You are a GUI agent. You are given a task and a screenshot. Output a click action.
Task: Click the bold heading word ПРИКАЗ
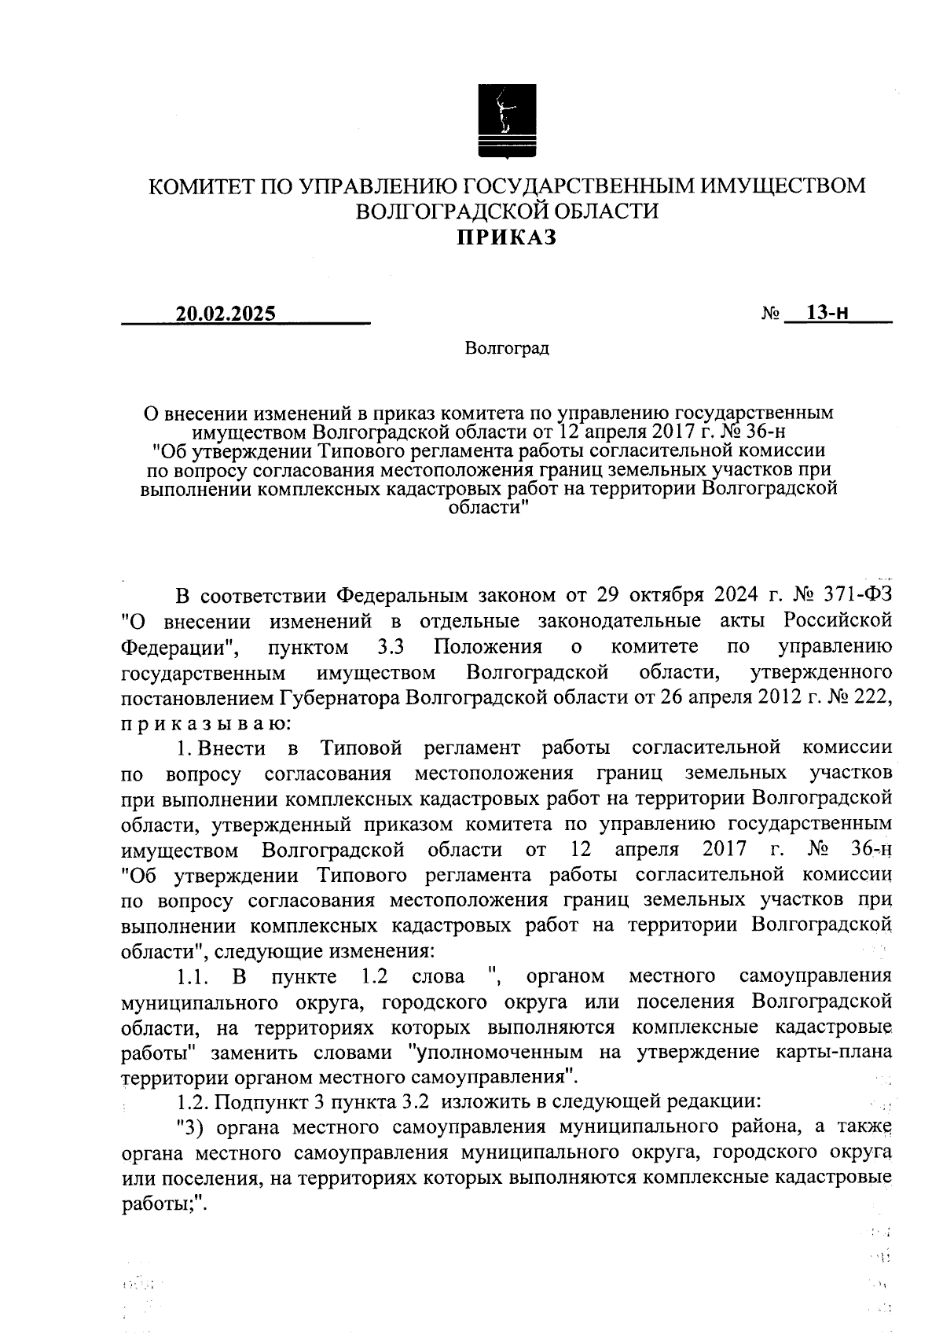[507, 237]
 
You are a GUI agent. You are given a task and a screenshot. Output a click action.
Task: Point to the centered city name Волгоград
[507, 347]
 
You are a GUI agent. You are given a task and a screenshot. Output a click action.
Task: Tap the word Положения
[488, 646]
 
